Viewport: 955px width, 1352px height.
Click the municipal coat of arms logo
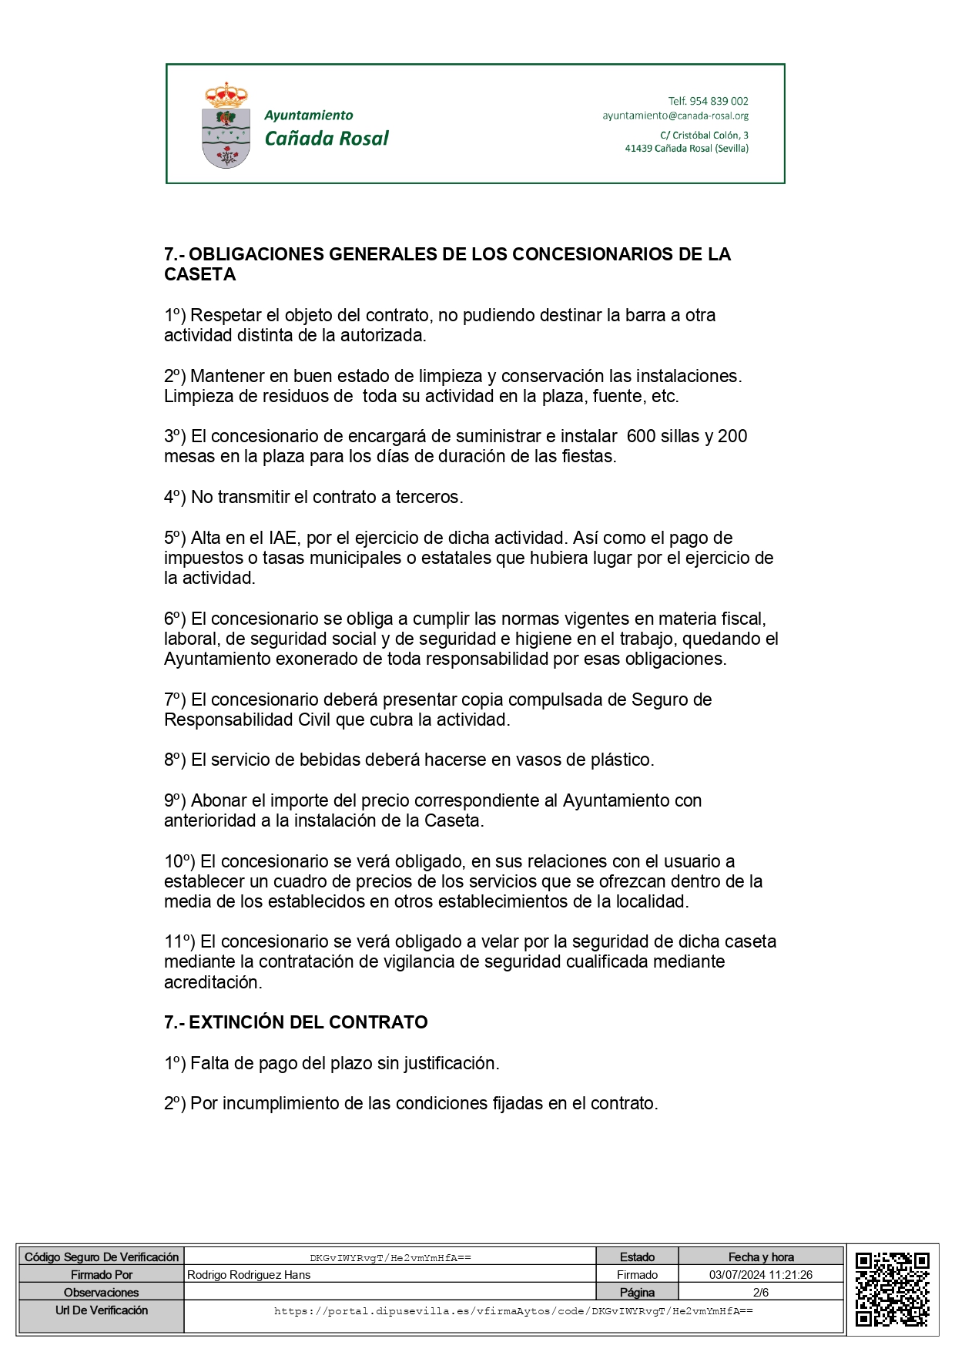[226, 126]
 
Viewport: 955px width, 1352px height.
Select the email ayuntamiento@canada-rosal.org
[675, 116]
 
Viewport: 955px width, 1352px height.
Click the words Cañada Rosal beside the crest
[327, 139]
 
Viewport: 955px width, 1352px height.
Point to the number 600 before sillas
[641, 436]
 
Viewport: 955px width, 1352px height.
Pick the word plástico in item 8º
[622, 760]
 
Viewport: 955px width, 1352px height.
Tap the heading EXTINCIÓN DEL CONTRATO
[308, 1022]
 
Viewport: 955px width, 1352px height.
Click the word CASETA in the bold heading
[199, 274]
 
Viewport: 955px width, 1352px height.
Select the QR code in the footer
[892, 1289]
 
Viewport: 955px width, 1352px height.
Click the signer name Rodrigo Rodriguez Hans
[249, 1275]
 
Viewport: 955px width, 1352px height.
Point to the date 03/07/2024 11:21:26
[760, 1275]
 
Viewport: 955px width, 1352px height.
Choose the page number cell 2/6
[760, 1293]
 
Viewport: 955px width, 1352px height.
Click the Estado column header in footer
[637, 1257]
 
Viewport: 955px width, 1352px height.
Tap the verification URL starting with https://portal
[513, 1310]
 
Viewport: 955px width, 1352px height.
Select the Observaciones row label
[101, 1293]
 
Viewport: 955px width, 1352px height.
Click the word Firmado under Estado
[637, 1275]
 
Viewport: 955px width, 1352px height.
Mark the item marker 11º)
[179, 941]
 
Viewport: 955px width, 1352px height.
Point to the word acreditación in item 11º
[213, 982]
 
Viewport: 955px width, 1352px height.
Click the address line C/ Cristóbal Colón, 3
[704, 135]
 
